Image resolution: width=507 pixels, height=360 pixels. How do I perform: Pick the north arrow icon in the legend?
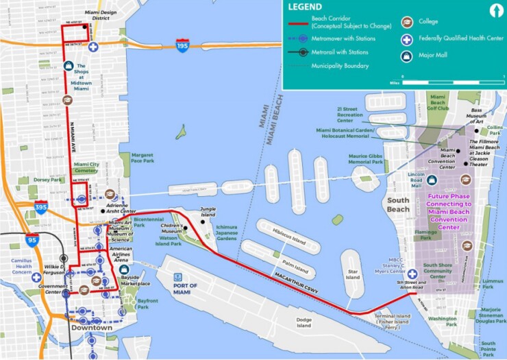pyautogui.click(x=493, y=10)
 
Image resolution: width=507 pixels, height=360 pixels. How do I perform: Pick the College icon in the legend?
pyautogui.click(x=408, y=21)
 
